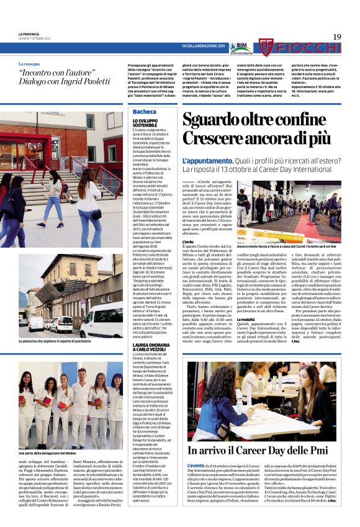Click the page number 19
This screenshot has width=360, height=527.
click(337, 37)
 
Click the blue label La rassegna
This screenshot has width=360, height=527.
click(29, 64)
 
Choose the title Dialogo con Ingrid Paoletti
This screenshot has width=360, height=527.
click(62, 80)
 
